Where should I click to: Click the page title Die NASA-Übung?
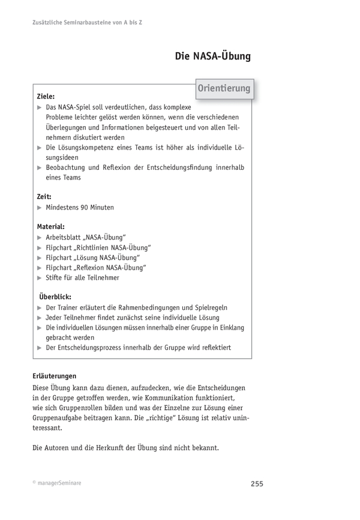tap(212, 57)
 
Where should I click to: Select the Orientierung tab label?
tap(224, 89)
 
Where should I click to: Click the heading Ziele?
tap(46, 96)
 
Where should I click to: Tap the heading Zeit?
tap(44, 196)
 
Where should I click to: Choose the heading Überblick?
tap(55, 297)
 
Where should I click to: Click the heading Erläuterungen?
tap(54, 376)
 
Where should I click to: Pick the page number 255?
tap(256, 484)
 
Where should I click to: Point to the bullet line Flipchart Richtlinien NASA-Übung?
tap(98, 247)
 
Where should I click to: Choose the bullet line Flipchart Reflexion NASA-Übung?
tap(96, 267)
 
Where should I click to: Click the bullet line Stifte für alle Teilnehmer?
tap(82, 277)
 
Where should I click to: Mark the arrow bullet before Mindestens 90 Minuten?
tap(40, 208)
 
